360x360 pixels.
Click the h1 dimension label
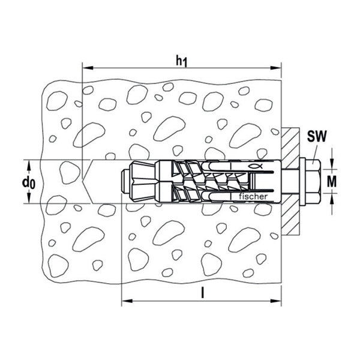181,61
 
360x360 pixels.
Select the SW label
317,136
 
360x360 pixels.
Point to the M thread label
332,181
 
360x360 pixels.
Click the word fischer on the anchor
253,197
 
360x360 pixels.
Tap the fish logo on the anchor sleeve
255,166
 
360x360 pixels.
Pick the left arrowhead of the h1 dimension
88,68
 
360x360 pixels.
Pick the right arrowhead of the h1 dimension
276,68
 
